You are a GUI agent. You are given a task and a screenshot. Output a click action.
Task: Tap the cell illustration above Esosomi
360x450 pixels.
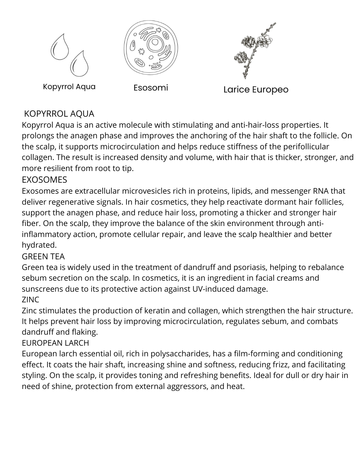151,48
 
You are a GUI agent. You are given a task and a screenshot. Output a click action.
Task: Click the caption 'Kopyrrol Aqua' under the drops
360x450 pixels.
69,87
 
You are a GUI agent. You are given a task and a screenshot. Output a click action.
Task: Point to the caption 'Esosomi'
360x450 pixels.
151,88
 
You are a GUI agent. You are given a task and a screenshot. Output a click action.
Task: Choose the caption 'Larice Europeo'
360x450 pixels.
256,90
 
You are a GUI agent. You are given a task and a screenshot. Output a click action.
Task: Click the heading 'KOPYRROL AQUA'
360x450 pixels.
59,114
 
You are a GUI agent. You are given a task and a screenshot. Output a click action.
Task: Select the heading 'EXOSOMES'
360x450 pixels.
44,180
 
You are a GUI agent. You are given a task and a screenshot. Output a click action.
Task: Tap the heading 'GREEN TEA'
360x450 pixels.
43,256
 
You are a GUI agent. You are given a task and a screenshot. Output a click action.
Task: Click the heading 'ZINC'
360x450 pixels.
30,300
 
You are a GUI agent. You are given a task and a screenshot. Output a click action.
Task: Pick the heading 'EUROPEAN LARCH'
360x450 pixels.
55,343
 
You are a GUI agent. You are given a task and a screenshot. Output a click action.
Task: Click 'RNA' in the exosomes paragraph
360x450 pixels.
321,191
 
